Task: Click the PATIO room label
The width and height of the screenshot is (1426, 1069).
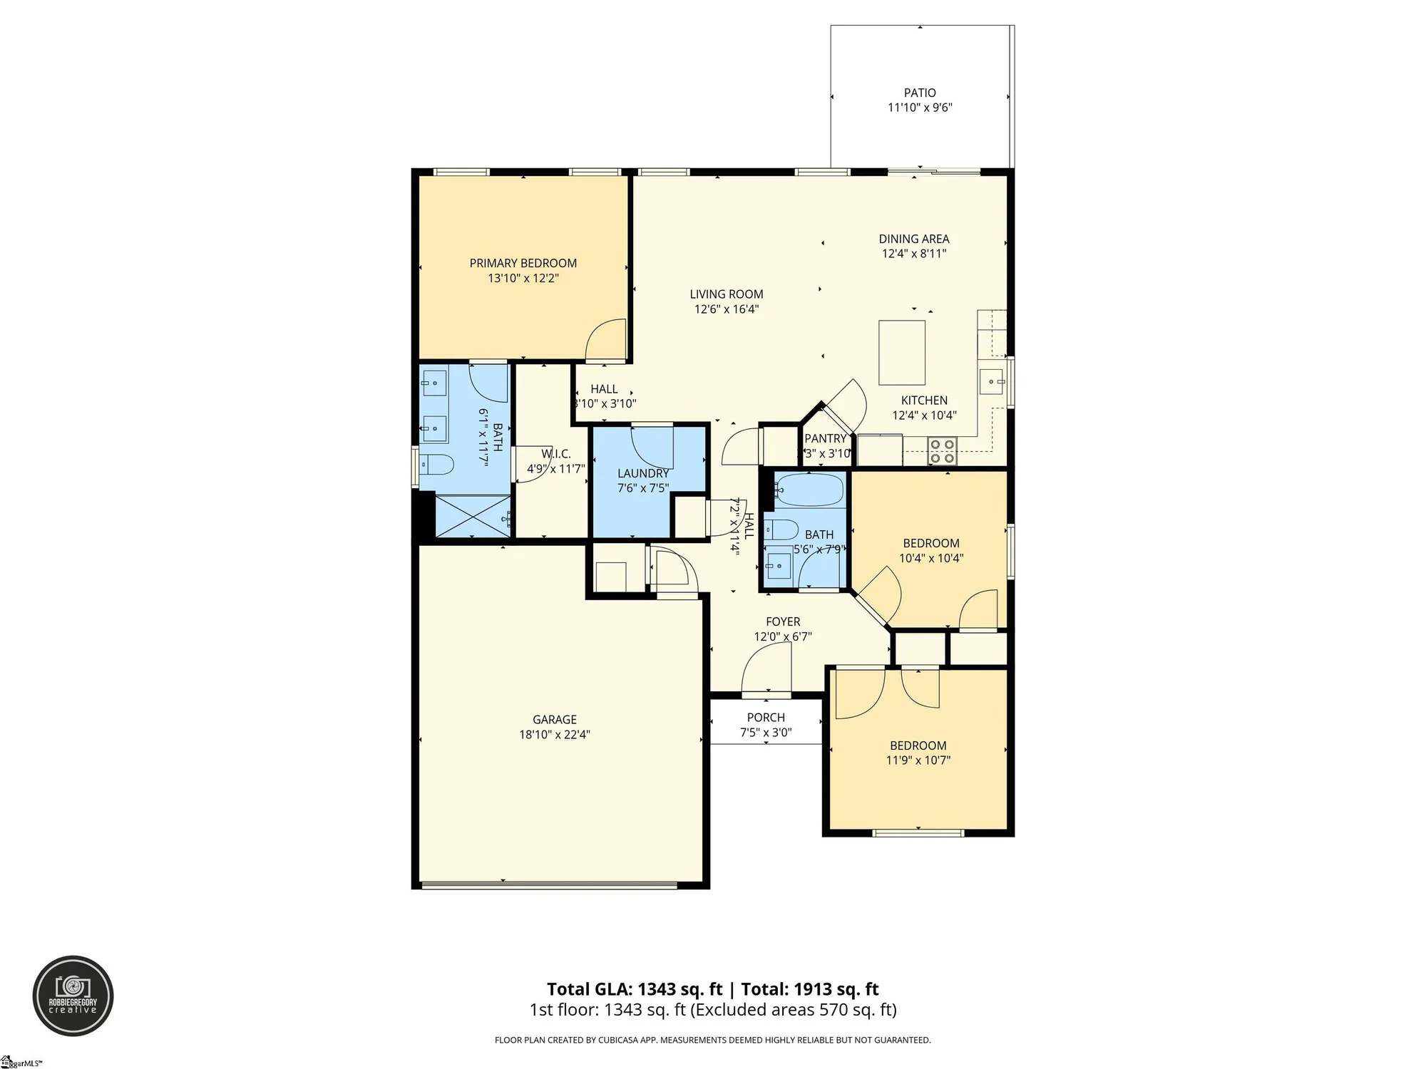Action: (920, 93)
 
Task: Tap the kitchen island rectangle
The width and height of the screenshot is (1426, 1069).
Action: (902, 353)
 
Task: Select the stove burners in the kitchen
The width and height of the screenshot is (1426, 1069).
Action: (942, 451)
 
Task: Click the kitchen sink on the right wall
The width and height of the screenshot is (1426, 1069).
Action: (991, 382)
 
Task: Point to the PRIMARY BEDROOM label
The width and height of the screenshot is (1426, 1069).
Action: (523, 263)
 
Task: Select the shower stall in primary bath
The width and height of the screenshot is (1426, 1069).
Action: (473, 517)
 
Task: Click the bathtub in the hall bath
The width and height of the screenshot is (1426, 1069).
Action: (810, 490)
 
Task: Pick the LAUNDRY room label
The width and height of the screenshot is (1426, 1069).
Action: (642, 473)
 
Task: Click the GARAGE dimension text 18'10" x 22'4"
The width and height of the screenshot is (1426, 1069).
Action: (555, 735)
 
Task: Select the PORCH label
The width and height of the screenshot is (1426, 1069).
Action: (766, 718)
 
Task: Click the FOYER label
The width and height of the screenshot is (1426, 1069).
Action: (783, 621)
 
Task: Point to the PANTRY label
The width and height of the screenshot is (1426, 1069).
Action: (825, 438)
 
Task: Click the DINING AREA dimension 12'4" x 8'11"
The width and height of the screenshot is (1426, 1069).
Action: (914, 254)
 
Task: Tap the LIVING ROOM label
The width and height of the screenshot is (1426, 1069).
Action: (726, 294)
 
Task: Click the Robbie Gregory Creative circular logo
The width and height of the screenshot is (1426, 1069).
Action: (73, 996)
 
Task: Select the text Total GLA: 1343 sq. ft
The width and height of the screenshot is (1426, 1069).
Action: (633, 989)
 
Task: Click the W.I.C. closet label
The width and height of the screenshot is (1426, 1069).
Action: (555, 454)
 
